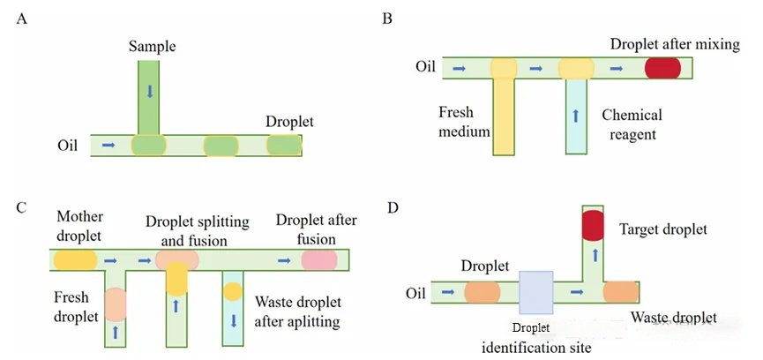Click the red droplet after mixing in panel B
[662, 68]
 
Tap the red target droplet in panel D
[593, 225]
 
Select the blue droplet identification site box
[536, 292]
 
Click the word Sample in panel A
[153, 47]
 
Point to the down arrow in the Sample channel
[149, 91]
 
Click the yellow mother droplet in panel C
[76, 259]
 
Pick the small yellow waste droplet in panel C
[233, 291]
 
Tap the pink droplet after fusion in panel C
[319, 259]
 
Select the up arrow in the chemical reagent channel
[576, 116]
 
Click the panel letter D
[393, 207]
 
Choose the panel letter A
[21, 19]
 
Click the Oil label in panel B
[425, 66]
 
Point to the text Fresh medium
[464, 122]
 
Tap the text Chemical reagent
[632, 124]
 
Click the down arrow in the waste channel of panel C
[233, 320]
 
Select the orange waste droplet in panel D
[620, 292]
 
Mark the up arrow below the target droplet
[593, 254]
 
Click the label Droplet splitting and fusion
[198, 230]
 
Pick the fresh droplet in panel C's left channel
[116, 304]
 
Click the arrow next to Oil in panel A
[108, 145]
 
